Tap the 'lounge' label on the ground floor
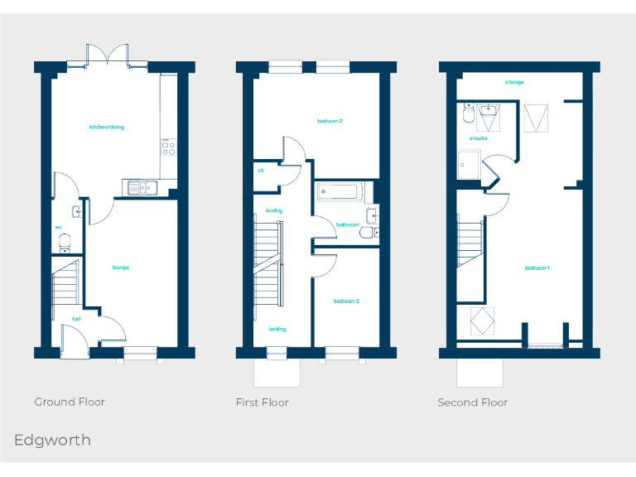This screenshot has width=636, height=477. point(121,267)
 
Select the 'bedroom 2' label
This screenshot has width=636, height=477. point(330,121)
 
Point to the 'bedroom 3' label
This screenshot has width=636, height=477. point(346,301)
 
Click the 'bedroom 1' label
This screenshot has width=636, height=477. point(537,267)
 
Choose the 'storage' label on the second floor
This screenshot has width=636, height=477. point(514,82)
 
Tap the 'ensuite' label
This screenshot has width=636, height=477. point(479,138)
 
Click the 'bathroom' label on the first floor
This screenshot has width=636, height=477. point(347,224)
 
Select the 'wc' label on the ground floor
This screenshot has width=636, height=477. point(59,226)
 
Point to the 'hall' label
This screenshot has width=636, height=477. point(76,318)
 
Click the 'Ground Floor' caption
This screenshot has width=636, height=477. point(70,402)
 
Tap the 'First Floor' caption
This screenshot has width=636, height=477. point(263,402)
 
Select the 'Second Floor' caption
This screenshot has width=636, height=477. point(473,402)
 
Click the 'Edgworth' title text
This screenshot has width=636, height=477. point(52,440)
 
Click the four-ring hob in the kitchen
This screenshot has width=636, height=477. point(168,147)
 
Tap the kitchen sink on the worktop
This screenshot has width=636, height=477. point(142,187)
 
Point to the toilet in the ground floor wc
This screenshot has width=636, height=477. point(65,242)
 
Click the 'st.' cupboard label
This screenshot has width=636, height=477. point(260,171)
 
